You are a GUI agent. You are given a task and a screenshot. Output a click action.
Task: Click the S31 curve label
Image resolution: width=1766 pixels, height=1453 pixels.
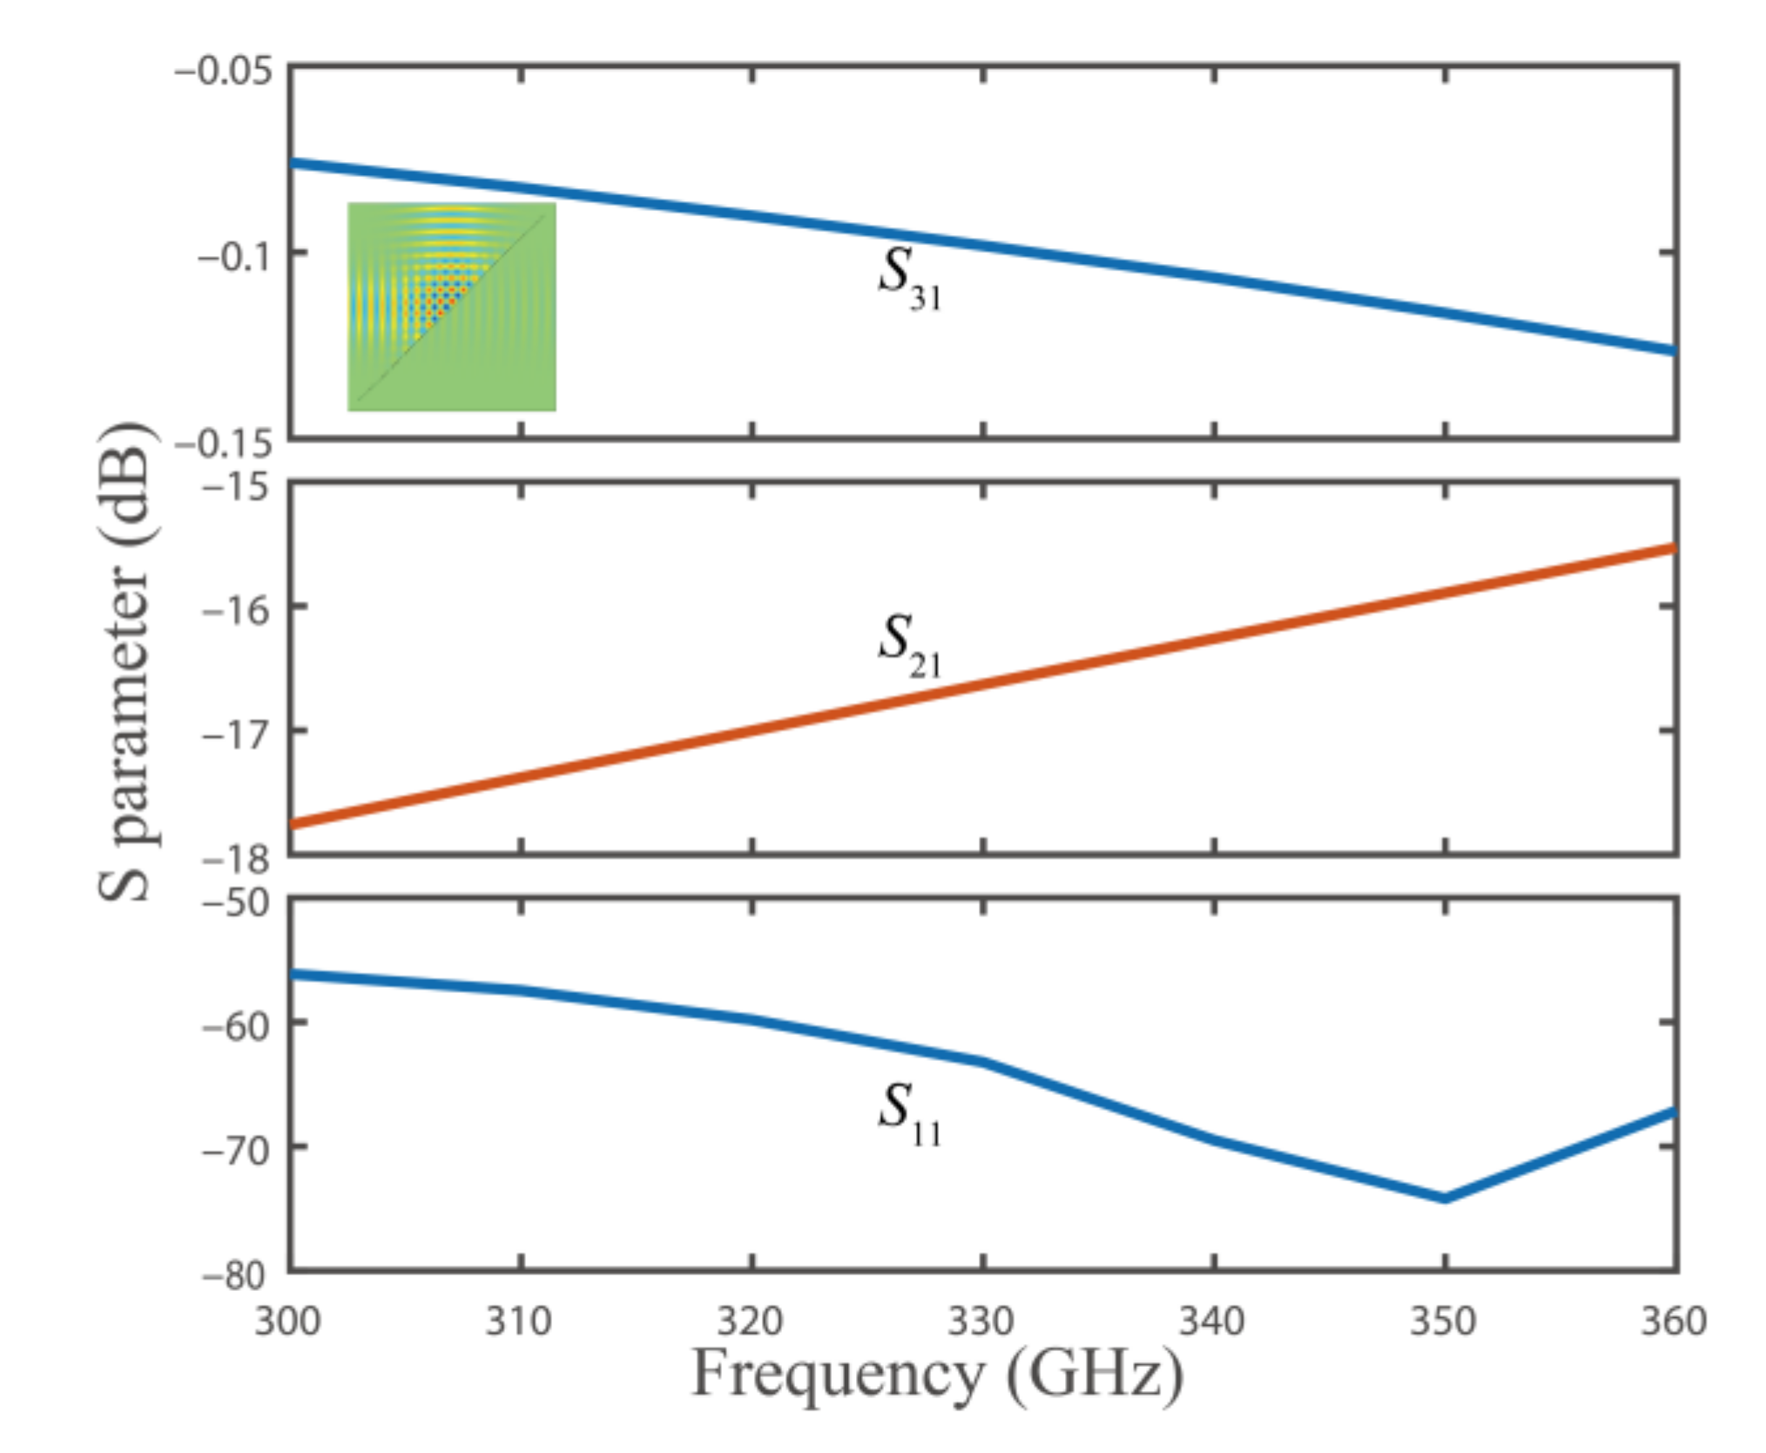pos(908,279)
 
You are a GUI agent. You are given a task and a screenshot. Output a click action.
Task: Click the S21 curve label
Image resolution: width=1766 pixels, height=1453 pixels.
pos(908,645)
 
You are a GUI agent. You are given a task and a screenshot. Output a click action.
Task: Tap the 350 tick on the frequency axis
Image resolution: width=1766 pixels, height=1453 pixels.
pos(1443,1321)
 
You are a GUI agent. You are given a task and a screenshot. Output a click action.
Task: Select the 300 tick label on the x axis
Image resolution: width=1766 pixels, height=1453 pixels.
pos(287,1321)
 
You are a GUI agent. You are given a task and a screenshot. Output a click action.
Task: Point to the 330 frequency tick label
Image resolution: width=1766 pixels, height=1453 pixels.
pos(981,1321)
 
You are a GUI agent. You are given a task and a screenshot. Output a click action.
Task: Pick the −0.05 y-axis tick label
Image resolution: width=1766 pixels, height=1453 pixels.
pos(223,71)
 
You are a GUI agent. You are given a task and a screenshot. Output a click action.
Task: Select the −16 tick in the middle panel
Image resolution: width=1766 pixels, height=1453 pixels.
pos(236,609)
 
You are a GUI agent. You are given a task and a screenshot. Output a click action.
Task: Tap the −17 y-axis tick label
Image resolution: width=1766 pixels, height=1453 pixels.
pos(236,733)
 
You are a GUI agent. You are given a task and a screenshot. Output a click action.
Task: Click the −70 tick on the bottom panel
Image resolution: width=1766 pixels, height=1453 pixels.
pos(236,1151)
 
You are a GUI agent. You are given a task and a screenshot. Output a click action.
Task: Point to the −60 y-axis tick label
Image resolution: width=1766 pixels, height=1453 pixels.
pos(236,1026)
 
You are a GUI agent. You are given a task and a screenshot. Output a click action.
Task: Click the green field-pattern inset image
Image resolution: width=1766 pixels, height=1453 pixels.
pos(451,307)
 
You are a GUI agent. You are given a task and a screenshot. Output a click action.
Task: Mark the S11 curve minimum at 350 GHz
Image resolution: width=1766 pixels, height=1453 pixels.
pos(1445,1199)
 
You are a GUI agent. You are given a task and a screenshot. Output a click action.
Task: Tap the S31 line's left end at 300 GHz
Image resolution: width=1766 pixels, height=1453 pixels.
pos(294,163)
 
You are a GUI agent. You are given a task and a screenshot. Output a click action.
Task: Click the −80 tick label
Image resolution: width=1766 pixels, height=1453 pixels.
pos(236,1276)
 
